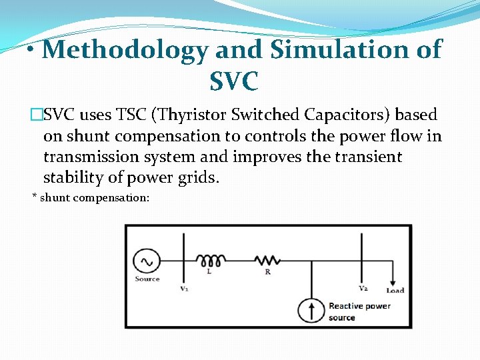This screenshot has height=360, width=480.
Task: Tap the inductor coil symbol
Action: click(x=211, y=259)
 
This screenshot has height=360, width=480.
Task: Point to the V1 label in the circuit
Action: click(x=184, y=289)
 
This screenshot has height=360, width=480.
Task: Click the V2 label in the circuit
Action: click(x=363, y=289)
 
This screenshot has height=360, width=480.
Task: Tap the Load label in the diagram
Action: click(x=395, y=290)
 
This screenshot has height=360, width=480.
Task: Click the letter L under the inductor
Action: click(x=211, y=272)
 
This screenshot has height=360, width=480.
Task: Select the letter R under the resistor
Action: click(x=267, y=272)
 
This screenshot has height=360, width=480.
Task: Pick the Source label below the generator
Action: click(x=147, y=279)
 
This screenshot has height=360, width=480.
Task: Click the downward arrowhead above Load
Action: click(x=394, y=281)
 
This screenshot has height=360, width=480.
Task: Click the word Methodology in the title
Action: click(x=124, y=50)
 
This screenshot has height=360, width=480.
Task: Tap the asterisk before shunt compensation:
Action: click(x=35, y=197)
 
